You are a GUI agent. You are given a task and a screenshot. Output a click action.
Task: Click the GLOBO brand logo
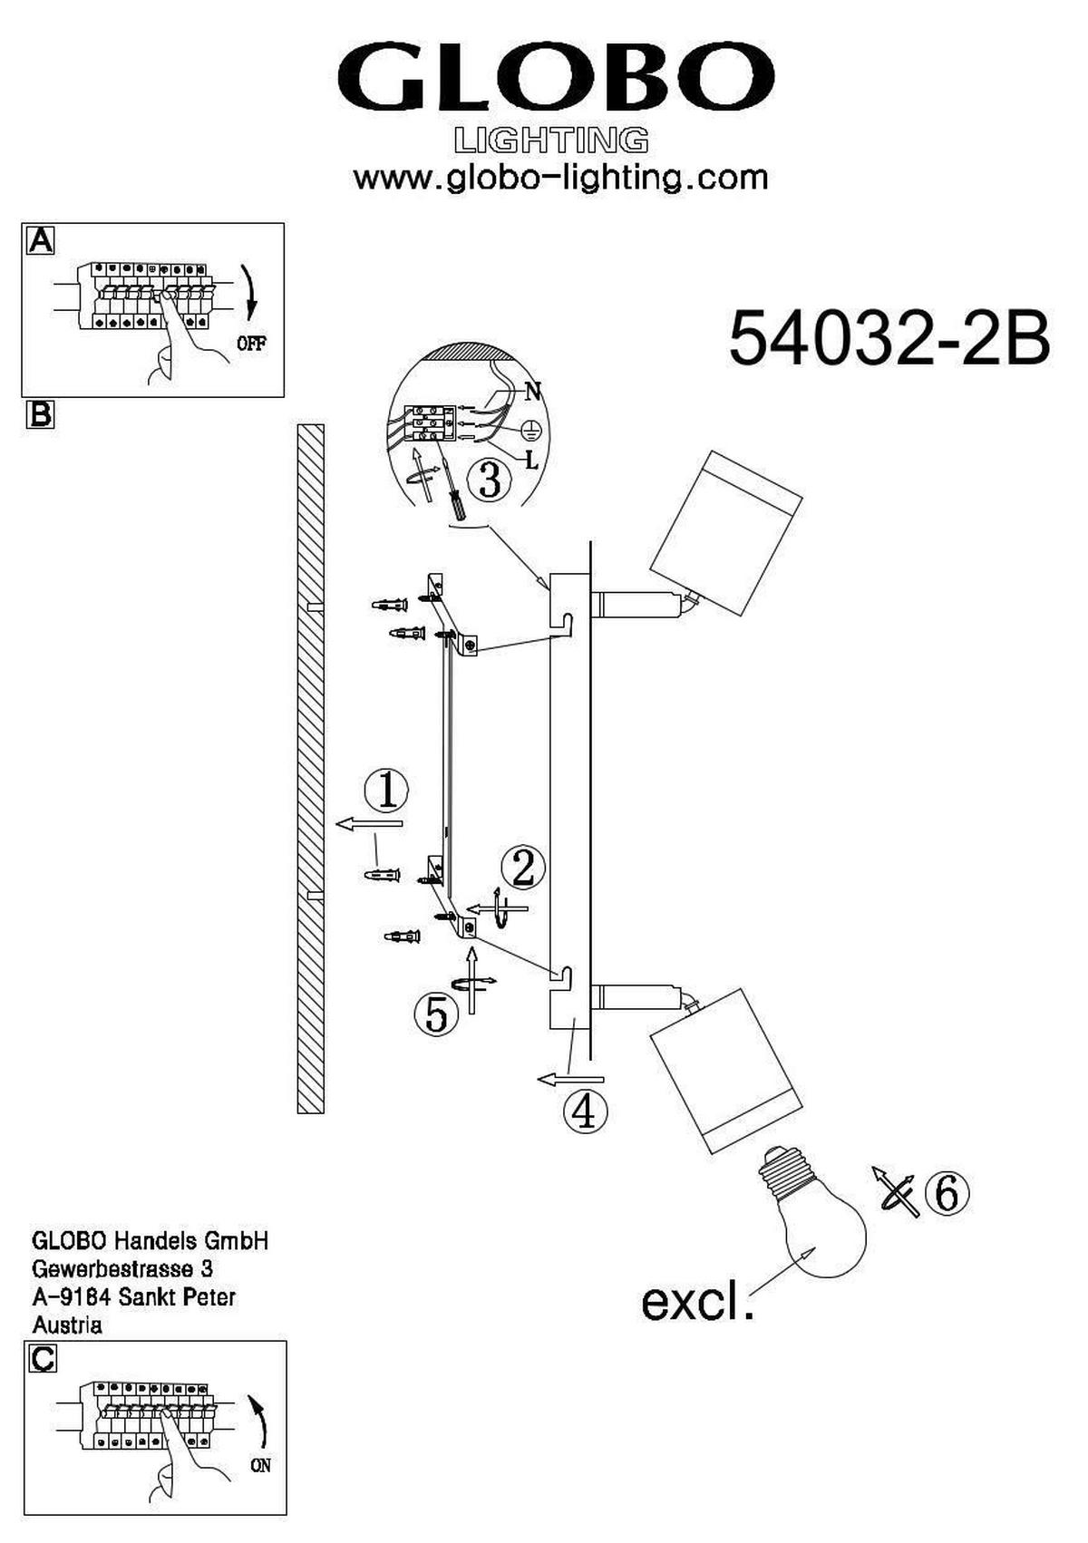pyautogui.click(x=556, y=76)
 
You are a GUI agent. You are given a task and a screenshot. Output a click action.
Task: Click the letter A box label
pyautogui.click(x=40, y=241)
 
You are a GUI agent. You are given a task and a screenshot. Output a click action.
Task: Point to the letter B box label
pyautogui.click(x=40, y=414)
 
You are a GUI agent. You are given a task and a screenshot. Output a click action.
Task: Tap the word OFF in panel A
pyautogui.click(x=251, y=344)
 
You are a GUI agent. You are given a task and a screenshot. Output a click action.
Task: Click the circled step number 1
pyautogui.click(x=386, y=791)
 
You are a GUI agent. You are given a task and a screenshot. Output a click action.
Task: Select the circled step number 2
pyautogui.click(x=523, y=868)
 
